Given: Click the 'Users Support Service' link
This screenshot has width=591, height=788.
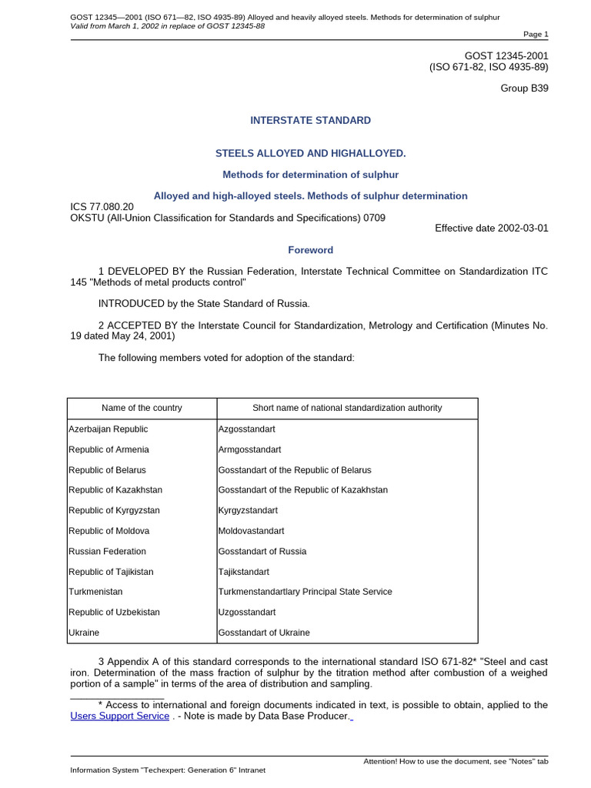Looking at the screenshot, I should coord(119,716).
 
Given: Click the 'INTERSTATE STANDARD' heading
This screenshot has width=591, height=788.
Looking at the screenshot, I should coord(311,120).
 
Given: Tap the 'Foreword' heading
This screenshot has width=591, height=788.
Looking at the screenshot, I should coord(311,250).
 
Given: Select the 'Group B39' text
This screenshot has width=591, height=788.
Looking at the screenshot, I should coord(525,88).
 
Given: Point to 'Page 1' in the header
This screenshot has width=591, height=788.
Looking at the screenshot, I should coord(536,34).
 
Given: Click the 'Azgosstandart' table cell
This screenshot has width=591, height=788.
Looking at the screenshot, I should coord(247,429).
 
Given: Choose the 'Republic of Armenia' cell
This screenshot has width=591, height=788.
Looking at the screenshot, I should coord(109,449).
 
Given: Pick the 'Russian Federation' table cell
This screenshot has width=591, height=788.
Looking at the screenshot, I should coord(107,551).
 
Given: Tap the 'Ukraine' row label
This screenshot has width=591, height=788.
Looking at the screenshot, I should coord(84,633).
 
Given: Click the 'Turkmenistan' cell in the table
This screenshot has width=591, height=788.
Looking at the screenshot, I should coord(95,592).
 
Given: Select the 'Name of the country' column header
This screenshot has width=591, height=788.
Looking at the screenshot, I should coord(142,408).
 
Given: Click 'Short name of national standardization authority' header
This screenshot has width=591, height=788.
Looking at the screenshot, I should coord(347,408).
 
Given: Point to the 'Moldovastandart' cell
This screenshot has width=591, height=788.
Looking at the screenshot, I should coord(252,531).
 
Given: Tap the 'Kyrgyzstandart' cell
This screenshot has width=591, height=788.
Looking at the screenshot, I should coord(249,510).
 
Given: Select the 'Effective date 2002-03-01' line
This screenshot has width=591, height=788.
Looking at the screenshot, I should coord(492,228).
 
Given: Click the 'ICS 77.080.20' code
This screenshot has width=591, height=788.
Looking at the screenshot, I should coord(102,207).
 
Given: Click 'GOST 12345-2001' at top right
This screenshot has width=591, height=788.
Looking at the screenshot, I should coord(506,55).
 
